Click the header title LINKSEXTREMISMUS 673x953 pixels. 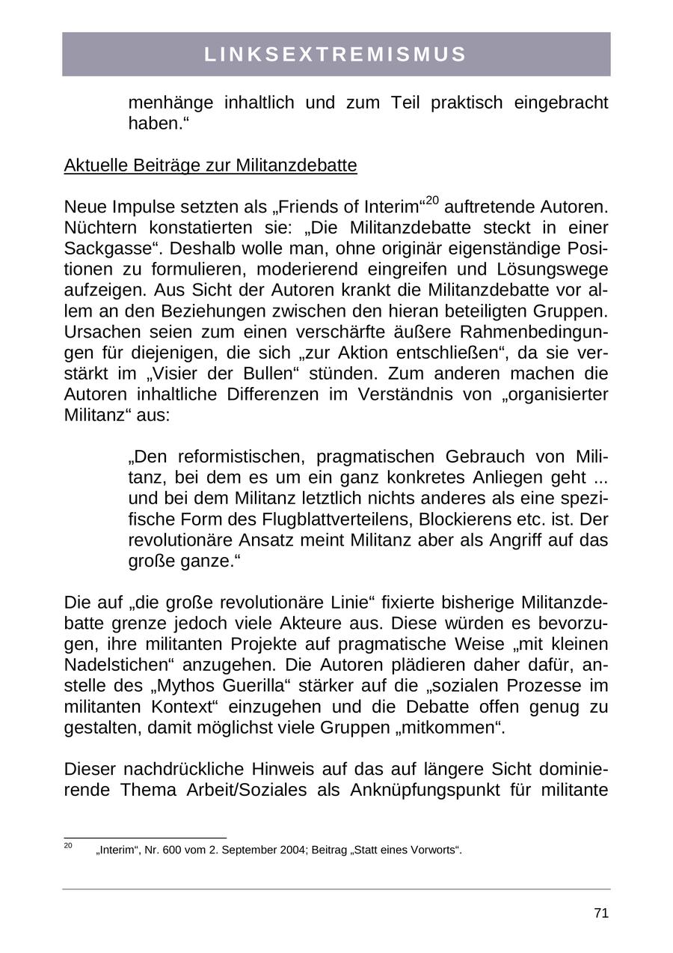coord(336,55)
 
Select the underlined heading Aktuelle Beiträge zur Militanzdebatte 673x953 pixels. coord(210,165)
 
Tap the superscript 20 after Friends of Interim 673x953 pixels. coord(432,200)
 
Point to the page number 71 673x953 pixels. coord(600,913)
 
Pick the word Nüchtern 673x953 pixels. coord(98,228)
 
